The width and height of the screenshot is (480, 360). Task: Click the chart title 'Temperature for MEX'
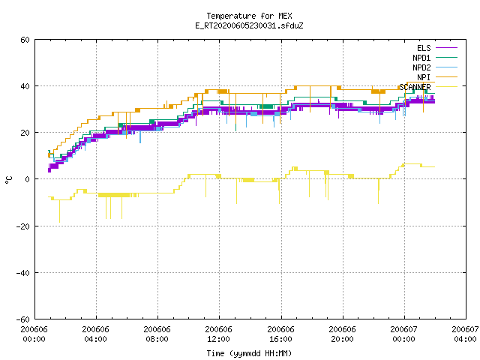(249, 16)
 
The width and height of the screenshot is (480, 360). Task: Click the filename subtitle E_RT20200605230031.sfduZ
(249, 25)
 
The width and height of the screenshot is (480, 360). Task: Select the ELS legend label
(424, 48)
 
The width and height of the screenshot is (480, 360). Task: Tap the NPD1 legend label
(421, 58)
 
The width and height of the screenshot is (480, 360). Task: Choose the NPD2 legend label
(421, 67)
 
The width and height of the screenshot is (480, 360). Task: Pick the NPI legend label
(424, 77)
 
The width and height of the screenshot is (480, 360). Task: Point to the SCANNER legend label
(415, 87)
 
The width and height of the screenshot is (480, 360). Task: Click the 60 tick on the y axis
(25, 40)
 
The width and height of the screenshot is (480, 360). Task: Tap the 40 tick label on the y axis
(25, 86)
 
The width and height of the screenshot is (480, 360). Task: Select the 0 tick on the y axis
(27, 179)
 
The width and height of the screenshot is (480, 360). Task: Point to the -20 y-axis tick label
(23, 226)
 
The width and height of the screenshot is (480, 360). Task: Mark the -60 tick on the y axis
(23, 319)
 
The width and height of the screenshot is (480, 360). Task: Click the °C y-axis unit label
(8, 180)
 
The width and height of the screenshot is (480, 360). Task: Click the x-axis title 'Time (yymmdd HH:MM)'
(249, 353)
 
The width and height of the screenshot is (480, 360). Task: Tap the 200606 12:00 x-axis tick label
(218, 334)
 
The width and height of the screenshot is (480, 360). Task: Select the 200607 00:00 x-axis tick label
(403, 334)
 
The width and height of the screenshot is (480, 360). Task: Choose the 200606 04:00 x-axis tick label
(95, 334)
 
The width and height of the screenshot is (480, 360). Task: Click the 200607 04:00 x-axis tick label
(465, 334)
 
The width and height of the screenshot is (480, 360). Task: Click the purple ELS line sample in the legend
(446, 48)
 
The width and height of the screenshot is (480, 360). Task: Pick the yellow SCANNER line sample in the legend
(446, 87)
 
